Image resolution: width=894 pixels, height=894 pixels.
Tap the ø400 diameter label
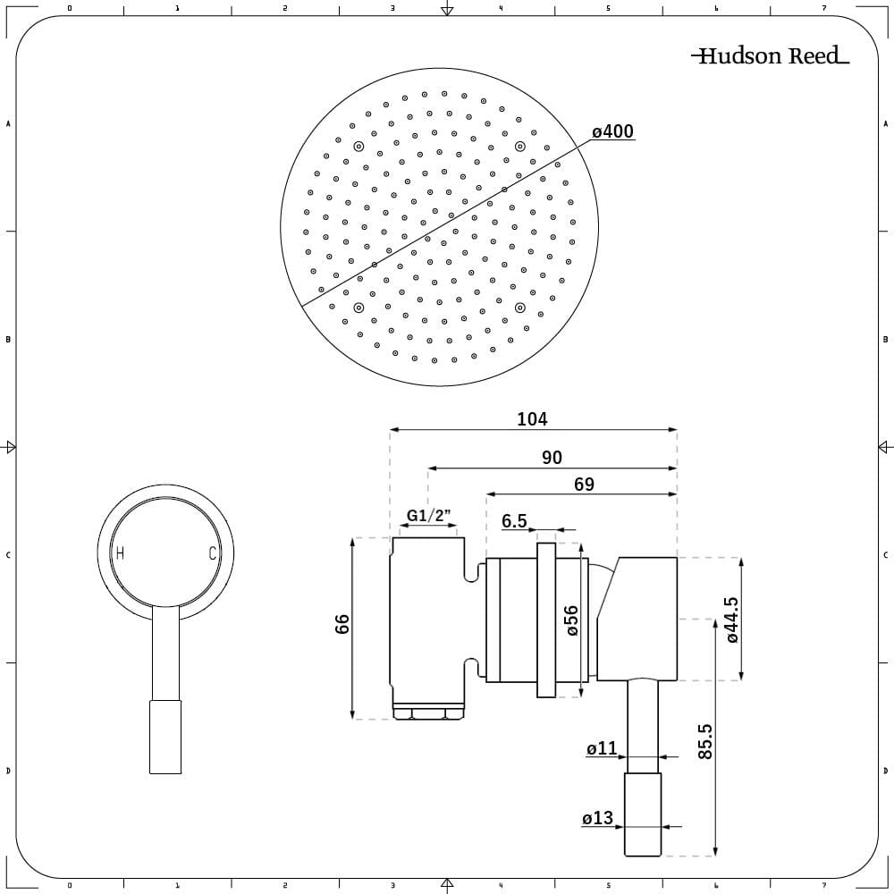pos(612,132)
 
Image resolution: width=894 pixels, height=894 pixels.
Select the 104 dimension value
pos(532,418)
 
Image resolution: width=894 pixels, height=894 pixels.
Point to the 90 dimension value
pos(552,457)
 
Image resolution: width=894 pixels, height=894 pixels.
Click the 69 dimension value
pos(583,484)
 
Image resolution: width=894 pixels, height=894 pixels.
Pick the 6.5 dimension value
pos(514,521)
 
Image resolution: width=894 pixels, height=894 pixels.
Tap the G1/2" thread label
pos(429,516)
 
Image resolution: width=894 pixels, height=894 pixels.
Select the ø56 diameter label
pos(572,620)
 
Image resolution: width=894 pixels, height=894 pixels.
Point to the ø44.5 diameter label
pos(730,620)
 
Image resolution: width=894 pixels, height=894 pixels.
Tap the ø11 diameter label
pos(602,749)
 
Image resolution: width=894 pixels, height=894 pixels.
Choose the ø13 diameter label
pos(597,818)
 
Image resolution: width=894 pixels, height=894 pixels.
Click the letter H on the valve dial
pos(120,553)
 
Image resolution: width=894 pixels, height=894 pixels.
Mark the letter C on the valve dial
pos(213,553)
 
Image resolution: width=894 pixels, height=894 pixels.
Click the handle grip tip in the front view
pos(164,738)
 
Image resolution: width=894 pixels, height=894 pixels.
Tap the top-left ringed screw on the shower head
pos(358,147)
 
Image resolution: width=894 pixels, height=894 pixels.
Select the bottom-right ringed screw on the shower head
pos(519,308)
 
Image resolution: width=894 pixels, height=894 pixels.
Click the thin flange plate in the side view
pos(546,620)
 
